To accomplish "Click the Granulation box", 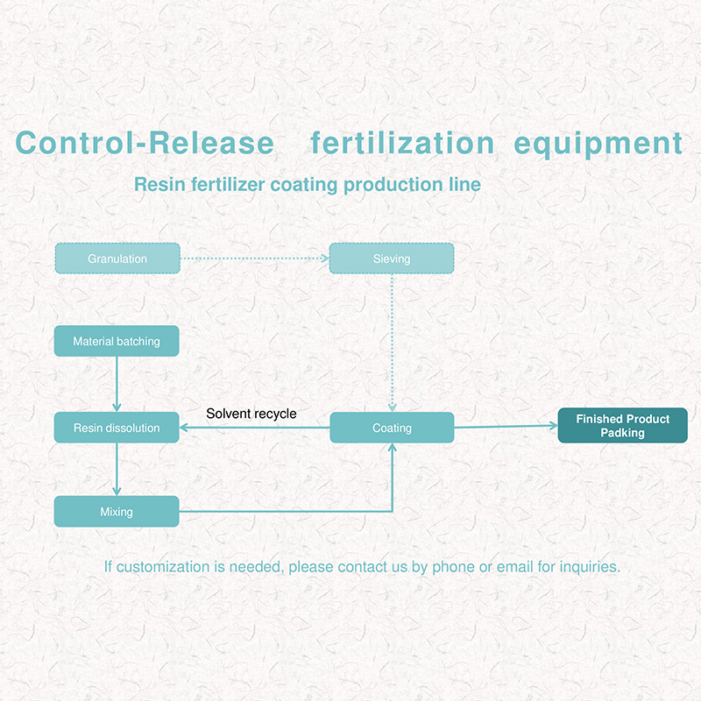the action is point(117,258).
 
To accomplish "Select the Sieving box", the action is point(392,258).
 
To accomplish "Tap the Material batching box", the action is point(117,341).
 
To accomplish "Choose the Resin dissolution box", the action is point(117,428).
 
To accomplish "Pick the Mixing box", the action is point(117,512).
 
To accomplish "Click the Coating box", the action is point(392,428).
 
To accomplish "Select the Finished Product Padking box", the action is point(623,426).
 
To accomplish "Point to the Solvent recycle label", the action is point(251,414).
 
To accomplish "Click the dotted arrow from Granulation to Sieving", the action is point(255,258).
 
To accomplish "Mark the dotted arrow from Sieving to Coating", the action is point(392,343).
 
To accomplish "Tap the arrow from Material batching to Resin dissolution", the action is point(117,385).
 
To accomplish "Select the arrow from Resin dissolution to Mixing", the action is point(117,470).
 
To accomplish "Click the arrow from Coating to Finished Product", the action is point(506,427).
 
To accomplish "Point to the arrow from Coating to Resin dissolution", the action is point(255,428).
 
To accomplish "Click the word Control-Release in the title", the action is point(145,143).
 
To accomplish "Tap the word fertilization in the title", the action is point(402,143).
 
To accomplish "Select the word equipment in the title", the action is point(598,145).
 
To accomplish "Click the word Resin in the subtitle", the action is point(160,184).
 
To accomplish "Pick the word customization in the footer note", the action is point(163,567).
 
